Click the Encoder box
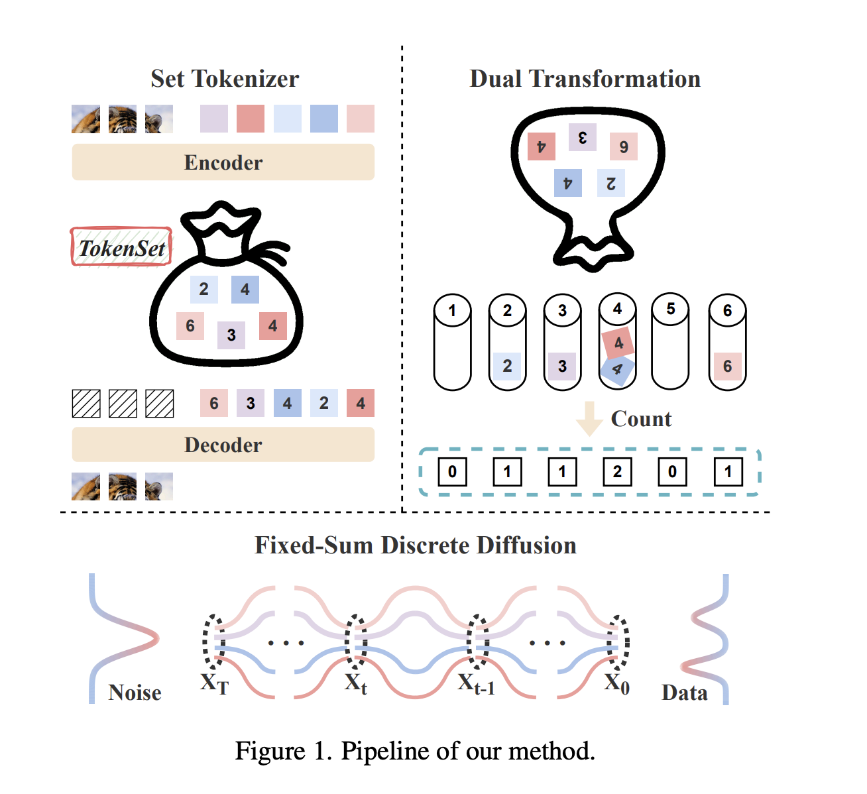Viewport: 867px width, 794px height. tap(223, 162)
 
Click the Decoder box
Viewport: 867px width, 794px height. tap(223, 445)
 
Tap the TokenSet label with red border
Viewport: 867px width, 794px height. tap(121, 247)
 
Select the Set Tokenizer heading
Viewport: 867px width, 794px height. tap(225, 79)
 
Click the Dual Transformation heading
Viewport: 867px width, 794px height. tap(585, 79)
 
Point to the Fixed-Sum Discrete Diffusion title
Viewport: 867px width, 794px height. tap(416, 545)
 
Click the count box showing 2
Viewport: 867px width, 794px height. tap(617, 472)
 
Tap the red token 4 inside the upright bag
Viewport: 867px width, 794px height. tap(272, 326)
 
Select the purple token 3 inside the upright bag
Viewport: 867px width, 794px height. tap(231, 335)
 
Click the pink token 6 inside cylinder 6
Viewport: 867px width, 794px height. tap(727, 367)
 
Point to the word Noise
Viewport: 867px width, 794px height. tap(135, 693)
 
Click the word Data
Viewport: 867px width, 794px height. tap(684, 693)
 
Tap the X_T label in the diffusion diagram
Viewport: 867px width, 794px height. tap(215, 683)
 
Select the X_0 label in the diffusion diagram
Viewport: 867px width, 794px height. tap(616, 683)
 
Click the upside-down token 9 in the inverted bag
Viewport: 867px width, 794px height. tap(624, 146)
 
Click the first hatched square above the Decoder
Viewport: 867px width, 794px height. tap(86, 403)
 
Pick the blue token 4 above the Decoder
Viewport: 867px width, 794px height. tap(287, 403)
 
